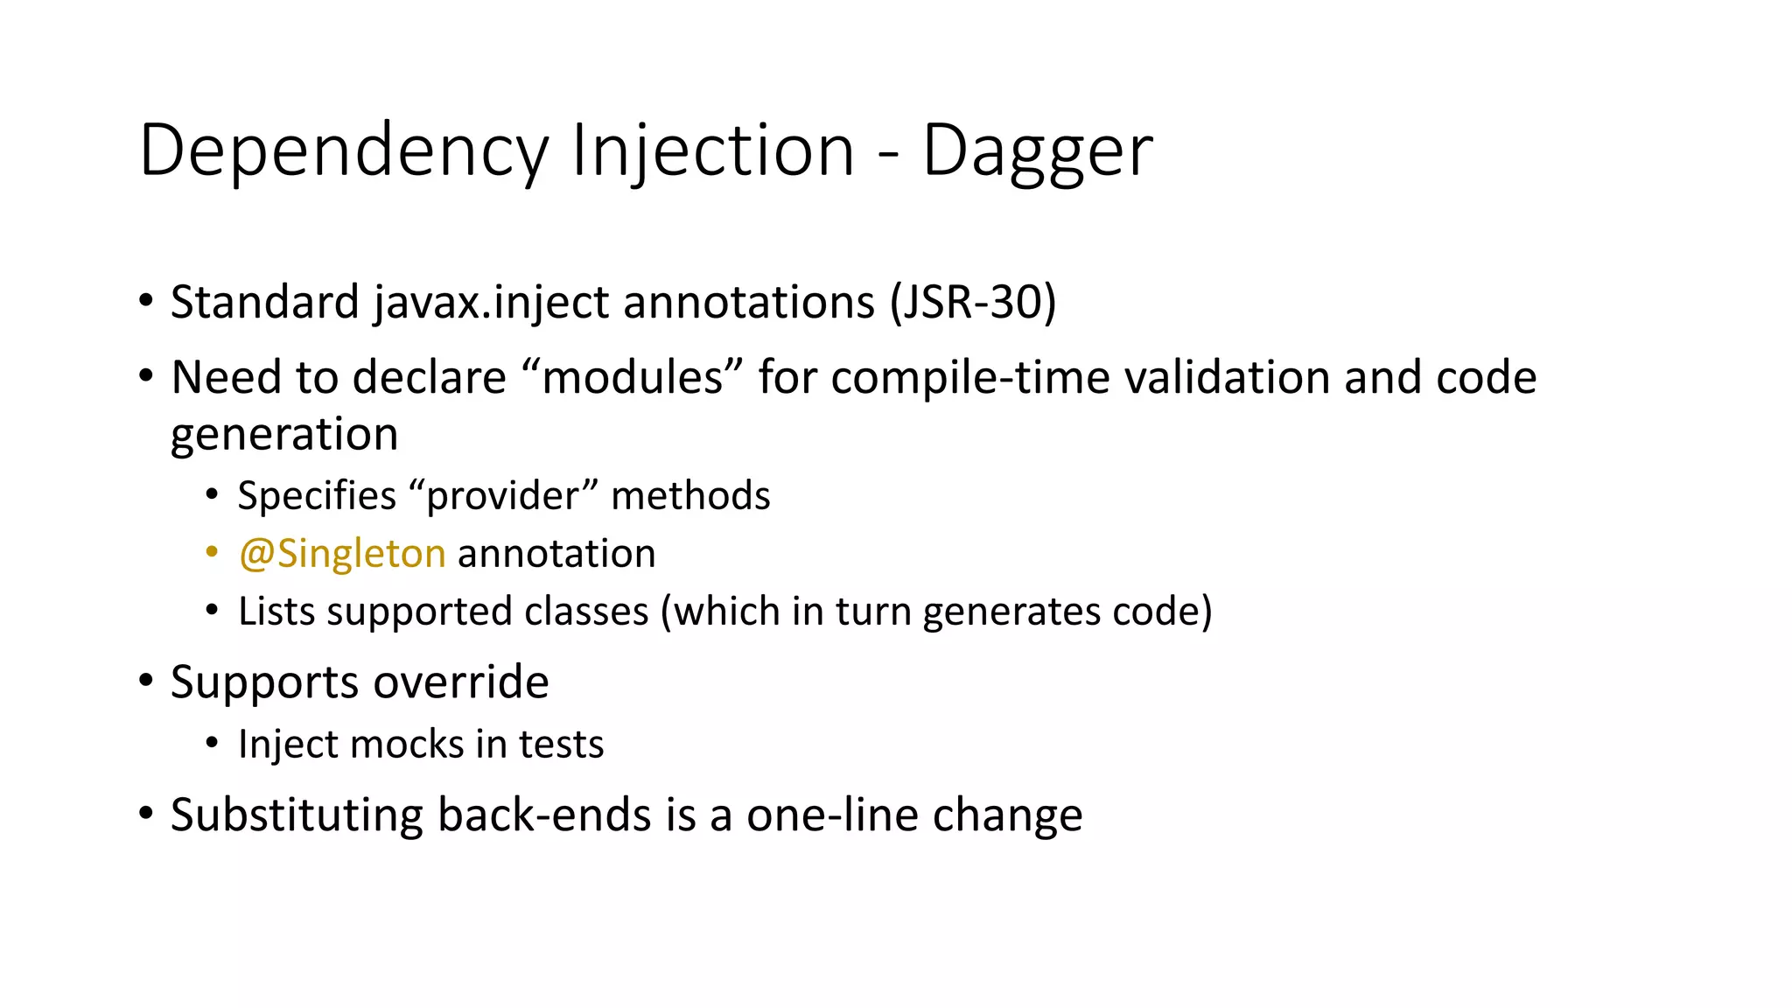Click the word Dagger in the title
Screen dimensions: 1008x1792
[1037, 151]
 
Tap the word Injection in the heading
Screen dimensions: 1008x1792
[712, 151]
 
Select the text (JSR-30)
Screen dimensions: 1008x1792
[973, 303]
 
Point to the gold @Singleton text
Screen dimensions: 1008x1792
[342, 554]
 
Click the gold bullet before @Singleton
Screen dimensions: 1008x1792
[212, 552]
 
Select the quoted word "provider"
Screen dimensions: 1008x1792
[503, 496]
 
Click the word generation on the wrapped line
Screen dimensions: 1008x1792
[284, 435]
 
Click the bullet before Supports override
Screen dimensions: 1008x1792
[146, 681]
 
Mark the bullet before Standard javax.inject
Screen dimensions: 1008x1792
[146, 301]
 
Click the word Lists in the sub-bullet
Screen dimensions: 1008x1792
[276, 612]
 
